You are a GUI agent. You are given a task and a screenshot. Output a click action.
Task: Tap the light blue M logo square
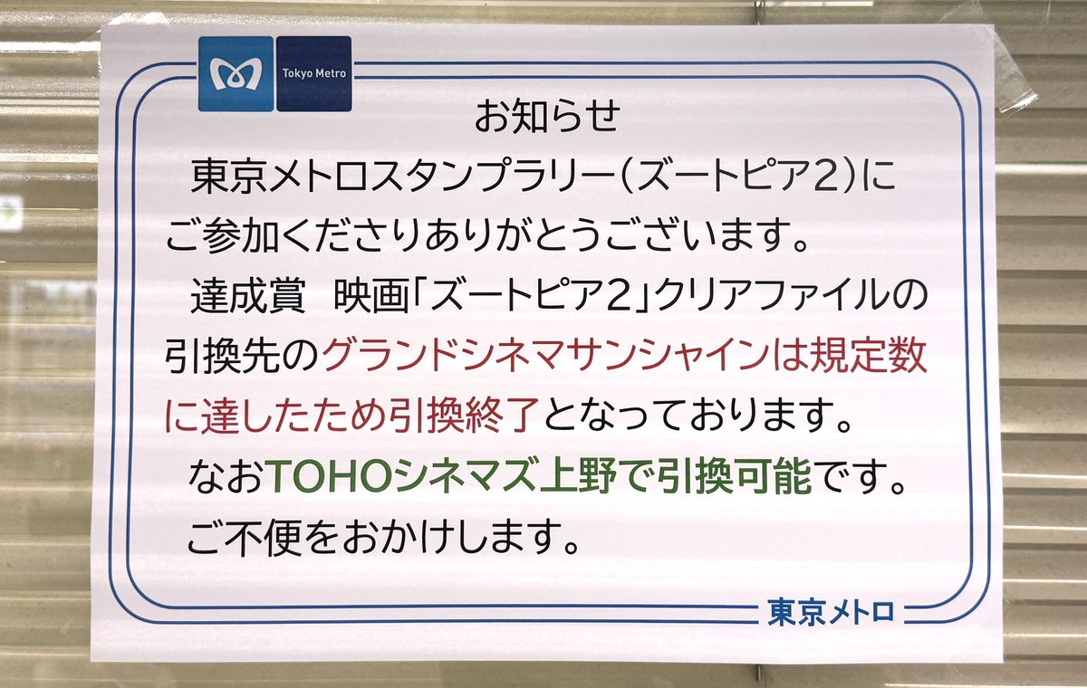point(236,74)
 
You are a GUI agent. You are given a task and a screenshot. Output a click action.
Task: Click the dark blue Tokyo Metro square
point(313,74)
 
